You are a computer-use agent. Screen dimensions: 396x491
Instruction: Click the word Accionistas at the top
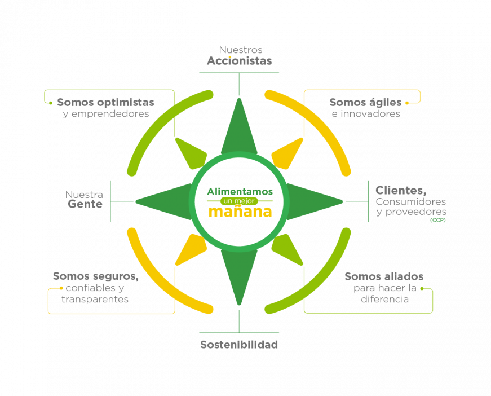coord(239,61)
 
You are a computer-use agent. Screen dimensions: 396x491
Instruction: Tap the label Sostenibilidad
coord(239,344)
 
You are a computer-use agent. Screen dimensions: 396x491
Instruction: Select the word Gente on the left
coord(85,204)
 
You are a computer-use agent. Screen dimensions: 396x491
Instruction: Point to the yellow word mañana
coord(240,212)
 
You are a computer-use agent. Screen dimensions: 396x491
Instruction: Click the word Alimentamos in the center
coord(240,191)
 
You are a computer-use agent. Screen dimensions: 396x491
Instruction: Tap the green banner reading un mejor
coord(240,201)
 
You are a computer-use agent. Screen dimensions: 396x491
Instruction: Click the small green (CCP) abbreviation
coord(438,220)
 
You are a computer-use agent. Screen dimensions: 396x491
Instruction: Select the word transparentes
coord(95,300)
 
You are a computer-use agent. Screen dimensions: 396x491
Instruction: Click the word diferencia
coord(384,300)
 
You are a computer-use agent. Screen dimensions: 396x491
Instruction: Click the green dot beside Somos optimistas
coord(51,103)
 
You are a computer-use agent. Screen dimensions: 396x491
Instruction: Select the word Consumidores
coord(410,201)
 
